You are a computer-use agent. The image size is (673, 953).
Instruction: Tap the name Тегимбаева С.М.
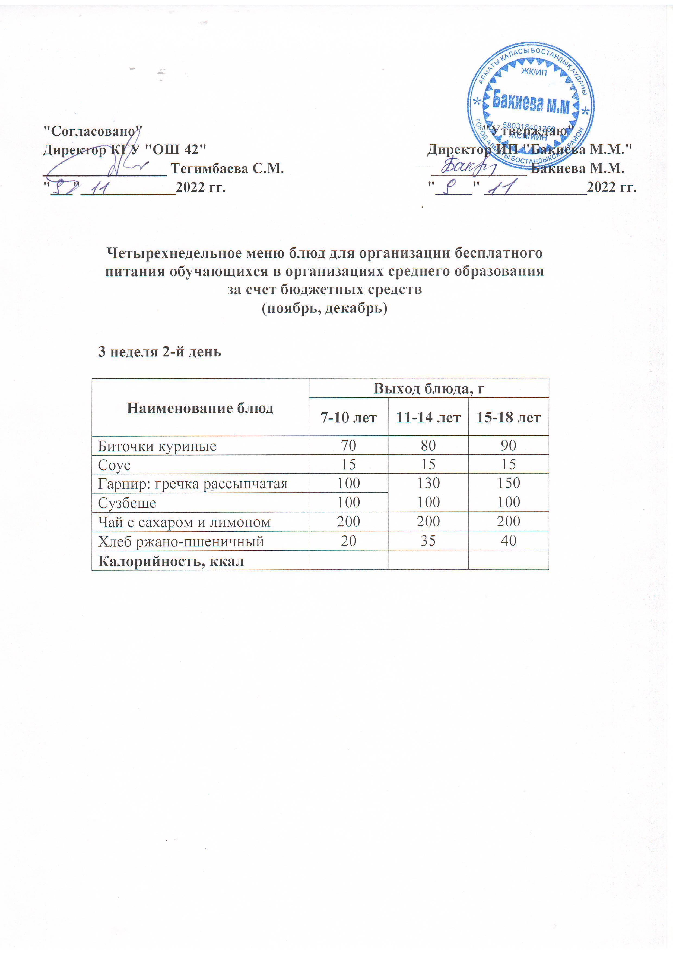tap(227, 168)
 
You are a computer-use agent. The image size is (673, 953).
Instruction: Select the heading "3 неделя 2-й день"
tap(159, 352)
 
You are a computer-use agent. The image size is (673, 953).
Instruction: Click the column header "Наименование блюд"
tap(200, 408)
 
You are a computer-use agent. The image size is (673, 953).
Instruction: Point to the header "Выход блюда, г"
tap(429, 388)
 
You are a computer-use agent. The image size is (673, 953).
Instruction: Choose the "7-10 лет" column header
tap(348, 417)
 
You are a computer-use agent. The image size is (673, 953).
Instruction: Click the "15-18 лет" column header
tap(508, 417)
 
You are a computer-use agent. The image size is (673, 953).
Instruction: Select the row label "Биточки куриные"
tap(157, 446)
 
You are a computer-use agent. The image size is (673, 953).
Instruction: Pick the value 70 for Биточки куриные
tap(348, 445)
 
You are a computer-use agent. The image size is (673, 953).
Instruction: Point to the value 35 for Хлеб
tap(428, 540)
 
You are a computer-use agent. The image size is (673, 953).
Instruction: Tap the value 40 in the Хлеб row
tap(508, 540)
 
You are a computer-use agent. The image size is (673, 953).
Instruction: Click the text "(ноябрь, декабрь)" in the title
tap(325, 308)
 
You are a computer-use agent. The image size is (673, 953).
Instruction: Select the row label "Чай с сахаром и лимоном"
tap(184, 522)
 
